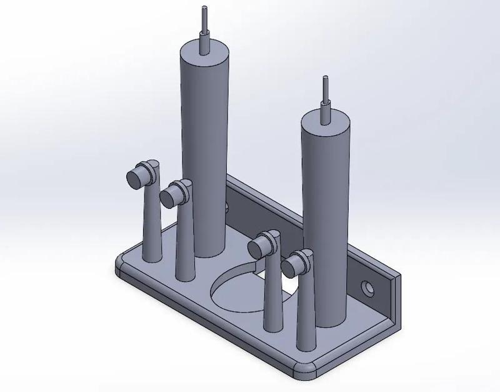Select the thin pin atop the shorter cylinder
(325, 97)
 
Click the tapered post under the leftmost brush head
(151, 225)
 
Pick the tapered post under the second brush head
(185, 244)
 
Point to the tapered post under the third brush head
(272, 294)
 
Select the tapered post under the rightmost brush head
(306, 313)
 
